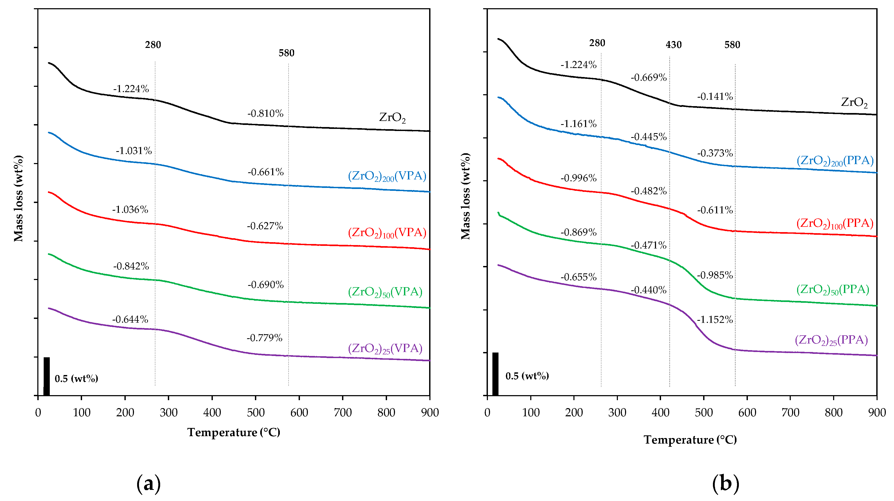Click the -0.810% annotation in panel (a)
(x=265, y=114)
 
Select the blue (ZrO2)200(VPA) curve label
(x=387, y=176)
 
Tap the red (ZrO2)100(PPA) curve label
(x=835, y=223)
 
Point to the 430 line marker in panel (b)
(x=673, y=45)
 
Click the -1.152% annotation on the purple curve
(x=715, y=319)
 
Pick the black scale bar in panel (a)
(x=47, y=376)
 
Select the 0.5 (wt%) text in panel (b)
(x=527, y=376)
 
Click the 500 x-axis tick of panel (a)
(x=255, y=413)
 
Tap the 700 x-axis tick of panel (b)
(x=790, y=413)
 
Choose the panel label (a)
(x=149, y=484)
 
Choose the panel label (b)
(x=725, y=484)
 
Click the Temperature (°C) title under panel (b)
(x=690, y=440)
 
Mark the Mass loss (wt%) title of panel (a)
(x=18, y=198)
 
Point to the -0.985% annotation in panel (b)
(x=715, y=275)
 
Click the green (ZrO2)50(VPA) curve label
(x=385, y=292)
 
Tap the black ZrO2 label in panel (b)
(x=854, y=102)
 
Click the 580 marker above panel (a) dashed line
(x=286, y=53)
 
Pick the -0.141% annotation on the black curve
(x=715, y=96)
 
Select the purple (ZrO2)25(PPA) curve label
(x=831, y=340)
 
